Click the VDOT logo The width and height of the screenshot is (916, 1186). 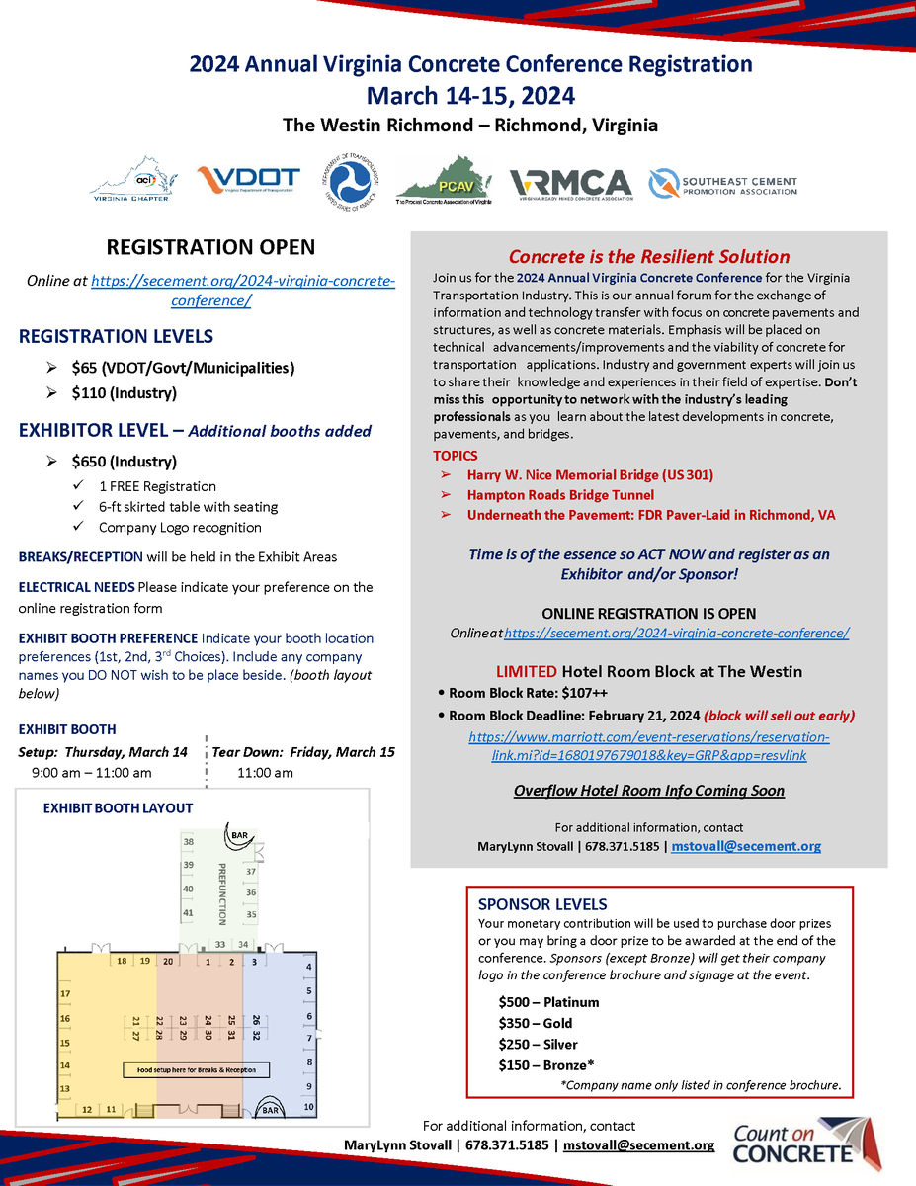click(248, 182)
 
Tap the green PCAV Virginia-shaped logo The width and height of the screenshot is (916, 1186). click(443, 180)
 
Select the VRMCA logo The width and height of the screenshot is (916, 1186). click(570, 183)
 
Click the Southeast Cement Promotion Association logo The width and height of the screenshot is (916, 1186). click(722, 184)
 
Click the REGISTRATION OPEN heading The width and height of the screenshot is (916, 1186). click(210, 247)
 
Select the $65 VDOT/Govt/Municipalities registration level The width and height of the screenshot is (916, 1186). click(183, 368)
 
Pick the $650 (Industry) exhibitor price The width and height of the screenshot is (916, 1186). click(124, 461)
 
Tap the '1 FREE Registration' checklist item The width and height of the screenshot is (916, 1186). click(157, 486)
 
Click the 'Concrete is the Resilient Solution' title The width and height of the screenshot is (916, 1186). click(648, 256)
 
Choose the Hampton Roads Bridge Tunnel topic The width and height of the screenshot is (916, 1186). click(560, 494)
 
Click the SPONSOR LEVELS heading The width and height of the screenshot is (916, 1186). click(541, 904)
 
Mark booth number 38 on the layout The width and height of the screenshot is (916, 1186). click(188, 842)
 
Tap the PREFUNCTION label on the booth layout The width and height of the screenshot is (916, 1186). click(222, 891)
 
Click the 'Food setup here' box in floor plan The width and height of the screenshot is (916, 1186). click(196, 1070)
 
